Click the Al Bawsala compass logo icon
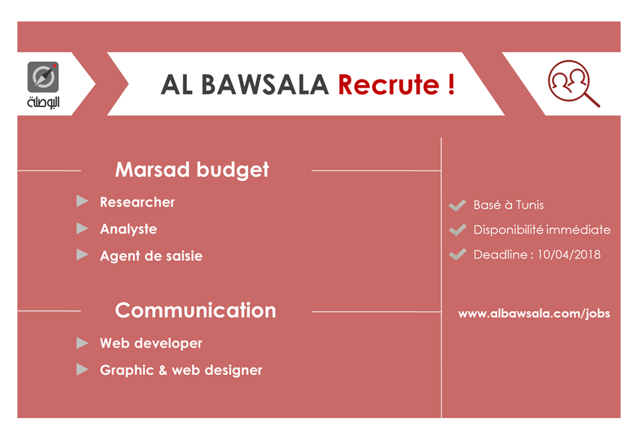pos(43,77)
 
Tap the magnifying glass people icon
pos(572,82)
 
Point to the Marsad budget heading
pos(192,169)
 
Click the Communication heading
pos(195,310)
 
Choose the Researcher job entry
pos(138,202)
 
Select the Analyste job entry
pos(128,229)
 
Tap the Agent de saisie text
pos(151,256)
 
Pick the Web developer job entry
pos(151,344)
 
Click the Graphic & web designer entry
pos(181,370)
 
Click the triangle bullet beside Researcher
pos(82,201)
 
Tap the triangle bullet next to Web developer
pos(82,343)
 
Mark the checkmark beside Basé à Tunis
pos(457,205)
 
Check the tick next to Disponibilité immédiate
pos(457,230)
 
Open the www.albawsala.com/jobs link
pos(534,314)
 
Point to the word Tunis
pos(530,205)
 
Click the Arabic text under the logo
pos(43,103)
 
